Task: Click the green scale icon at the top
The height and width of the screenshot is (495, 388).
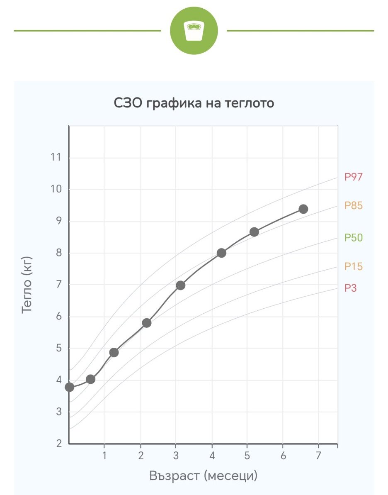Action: [x=194, y=31]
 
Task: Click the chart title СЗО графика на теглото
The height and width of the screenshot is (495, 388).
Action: [x=194, y=103]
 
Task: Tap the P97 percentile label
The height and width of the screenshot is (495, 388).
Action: [x=354, y=177]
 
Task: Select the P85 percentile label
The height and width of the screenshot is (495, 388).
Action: [x=354, y=205]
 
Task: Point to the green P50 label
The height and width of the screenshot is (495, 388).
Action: [x=354, y=238]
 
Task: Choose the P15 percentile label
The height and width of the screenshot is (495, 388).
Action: [x=354, y=266]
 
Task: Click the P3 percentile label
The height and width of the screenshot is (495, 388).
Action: [x=351, y=288]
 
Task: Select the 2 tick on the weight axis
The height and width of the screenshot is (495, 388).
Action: [x=59, y=444]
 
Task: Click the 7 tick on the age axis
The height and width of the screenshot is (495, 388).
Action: [x=319, y=455]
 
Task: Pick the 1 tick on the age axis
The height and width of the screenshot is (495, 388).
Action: [x=104, y=455]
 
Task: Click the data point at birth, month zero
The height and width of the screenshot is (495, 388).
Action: [x=69, y=387]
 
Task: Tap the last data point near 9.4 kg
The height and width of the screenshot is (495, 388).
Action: [x=303, y=209]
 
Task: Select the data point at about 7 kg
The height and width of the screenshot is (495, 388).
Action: [x=180, y=285]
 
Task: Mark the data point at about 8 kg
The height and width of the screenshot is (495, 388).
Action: [x=221, y=253]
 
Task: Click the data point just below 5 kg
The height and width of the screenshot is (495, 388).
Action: [x=114, y=352]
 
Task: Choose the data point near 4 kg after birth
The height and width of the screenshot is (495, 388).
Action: [x=90, y=379]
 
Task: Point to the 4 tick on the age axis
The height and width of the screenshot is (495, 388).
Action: [x=212, y=455]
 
